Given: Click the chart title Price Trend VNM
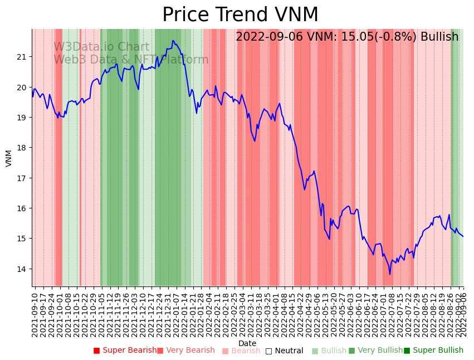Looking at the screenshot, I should pyautogui.click(x=240, y=15).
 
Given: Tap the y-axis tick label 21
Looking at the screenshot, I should pyautogui.click(x=22, y=57).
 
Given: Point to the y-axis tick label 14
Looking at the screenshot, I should pyautogui.click(x=22, y=269).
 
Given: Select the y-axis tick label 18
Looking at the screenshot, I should pyautogui.click(x=22, y=148).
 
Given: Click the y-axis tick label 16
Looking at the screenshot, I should pyautogui.click(x=22, y=208).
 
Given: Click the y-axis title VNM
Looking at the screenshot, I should pyautogui.click(x=8, y=158).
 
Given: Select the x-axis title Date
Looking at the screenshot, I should pyautogui.click(x=247, y=343).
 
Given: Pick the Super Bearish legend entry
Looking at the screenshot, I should pyautogui.click(x=125, y=351).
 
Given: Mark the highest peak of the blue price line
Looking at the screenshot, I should pyautogui.click(x=173, y=40).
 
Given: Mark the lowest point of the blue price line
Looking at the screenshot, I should pyautogui.click(x=390, y=274).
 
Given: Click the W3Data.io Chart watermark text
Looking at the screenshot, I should pyautogui.click(x=101, y=47).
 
